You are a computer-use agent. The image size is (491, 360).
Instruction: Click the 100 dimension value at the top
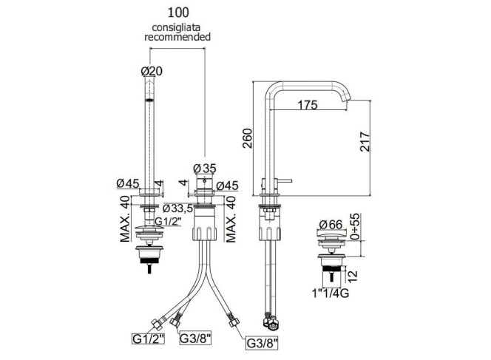click(x=178, y=13)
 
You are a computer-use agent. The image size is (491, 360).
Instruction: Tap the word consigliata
click(x=176, y=27)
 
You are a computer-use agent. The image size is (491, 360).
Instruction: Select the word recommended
click(x=177, y=37)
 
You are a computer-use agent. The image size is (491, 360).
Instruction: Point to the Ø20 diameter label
click(x=152, y=71)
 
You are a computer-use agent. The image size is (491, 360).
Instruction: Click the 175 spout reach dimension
click(x=307, y=105)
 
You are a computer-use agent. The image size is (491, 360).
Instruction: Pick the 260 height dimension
click(x=247, y=138)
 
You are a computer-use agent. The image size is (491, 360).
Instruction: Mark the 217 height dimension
click(x=365, y=142)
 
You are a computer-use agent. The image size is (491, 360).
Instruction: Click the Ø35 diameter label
click(x=205, y=169)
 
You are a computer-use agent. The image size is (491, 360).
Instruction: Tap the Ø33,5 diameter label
click(x=178, y=208)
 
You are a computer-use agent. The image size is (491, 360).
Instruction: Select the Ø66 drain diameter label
click(x=331, y=225)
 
